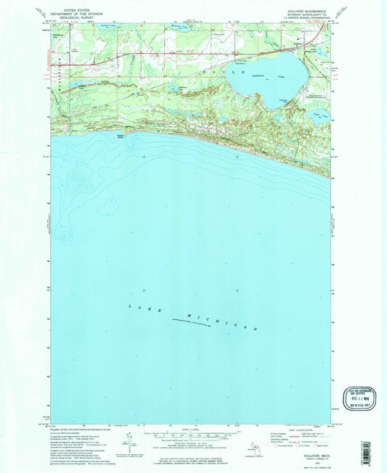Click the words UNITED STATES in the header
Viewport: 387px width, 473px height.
79,4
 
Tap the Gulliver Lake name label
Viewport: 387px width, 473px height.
264,76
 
